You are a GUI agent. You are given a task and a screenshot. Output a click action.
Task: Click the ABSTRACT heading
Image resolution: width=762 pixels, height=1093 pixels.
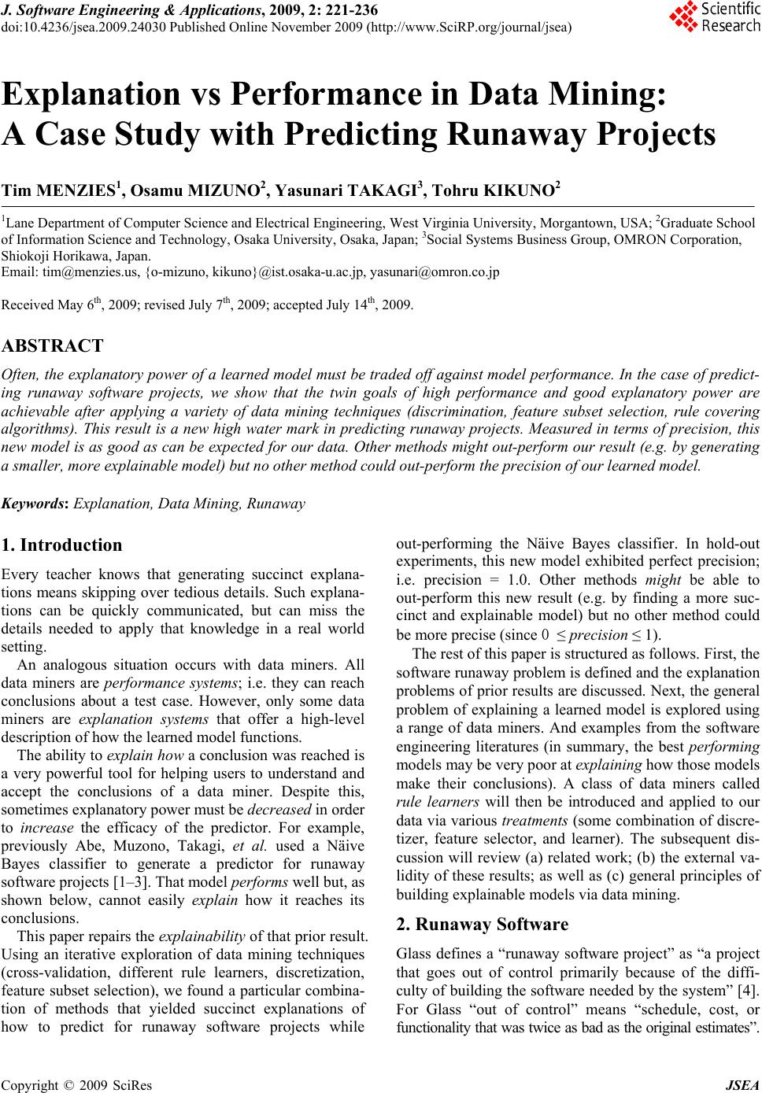pos(53,346)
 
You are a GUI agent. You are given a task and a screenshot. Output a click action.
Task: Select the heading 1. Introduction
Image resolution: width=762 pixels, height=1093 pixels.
pos(62,545)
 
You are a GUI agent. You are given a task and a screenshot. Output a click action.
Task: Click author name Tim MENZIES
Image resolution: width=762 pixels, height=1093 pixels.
pos(62,190)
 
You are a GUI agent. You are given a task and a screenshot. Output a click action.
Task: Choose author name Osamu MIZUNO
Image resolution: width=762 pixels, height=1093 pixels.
pos(202,190)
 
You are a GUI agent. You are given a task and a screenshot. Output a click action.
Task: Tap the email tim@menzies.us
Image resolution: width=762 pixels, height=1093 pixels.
pos(75,272)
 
